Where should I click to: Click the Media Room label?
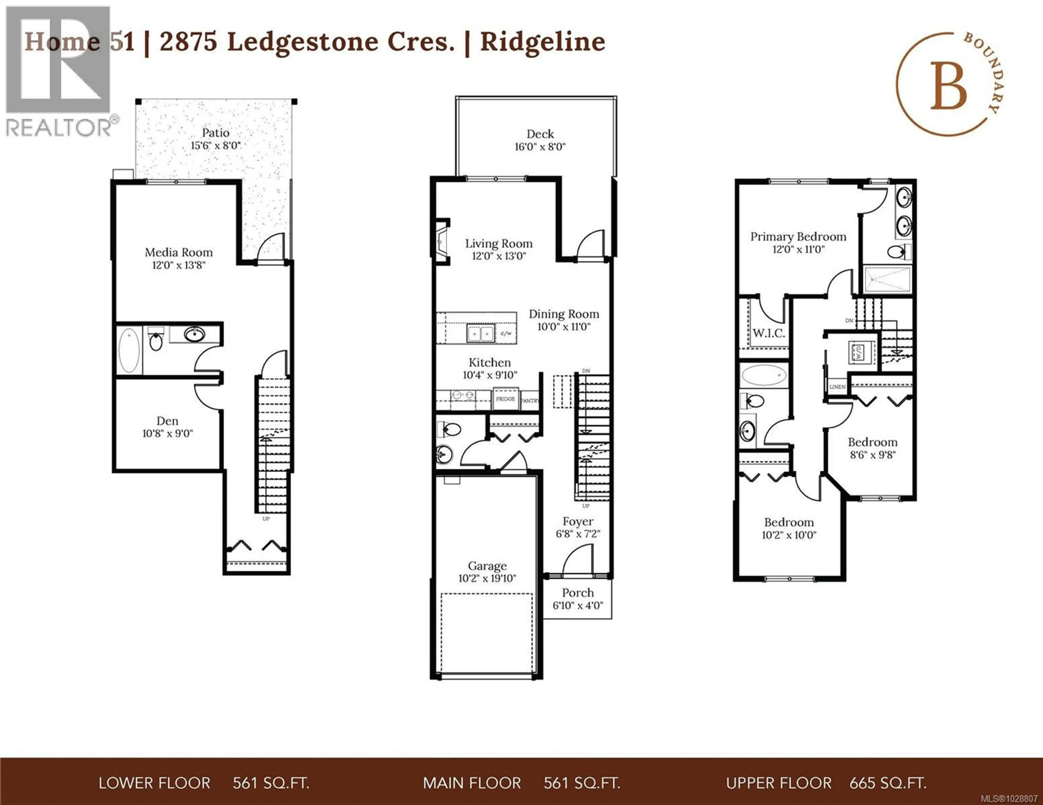click(179, 252)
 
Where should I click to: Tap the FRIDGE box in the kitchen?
click(505, 399)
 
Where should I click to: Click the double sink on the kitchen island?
click(480, 333)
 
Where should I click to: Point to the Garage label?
click(487, 566)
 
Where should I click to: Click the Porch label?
click(578, 593)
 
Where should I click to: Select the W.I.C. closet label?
click(768, 333)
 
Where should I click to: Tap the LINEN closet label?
click(837, 387)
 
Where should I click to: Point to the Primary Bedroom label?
click(798, 237)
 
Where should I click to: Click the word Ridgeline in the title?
click(542, 42)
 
